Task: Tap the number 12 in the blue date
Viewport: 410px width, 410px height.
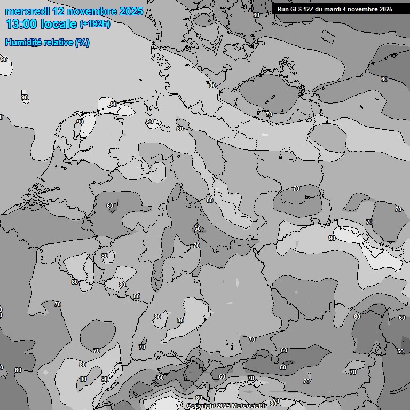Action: pyautogui.click(x=59, y=11)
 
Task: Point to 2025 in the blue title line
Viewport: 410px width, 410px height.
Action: pyautogui.click(x=131, y=11)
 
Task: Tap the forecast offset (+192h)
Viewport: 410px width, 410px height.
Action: pyautogui.click(x=95, y=24)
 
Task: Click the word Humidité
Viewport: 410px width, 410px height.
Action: pyautogui.click(x=23, y=42)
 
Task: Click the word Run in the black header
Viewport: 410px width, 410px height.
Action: pyautogui.click(x=283, y=9)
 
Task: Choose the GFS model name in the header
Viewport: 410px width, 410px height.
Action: pyautogui.click(x=296, y=9)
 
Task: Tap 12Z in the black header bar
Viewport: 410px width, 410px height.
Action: pyautogui.click(x=310, y=9)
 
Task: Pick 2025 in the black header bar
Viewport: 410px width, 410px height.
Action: pyautogui.click(x=386, y=9)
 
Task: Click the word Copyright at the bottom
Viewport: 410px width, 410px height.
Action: pyautogui.click(x=201, y=406)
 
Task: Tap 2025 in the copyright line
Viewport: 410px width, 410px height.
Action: pyautogui.click(x=223, y=406)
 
